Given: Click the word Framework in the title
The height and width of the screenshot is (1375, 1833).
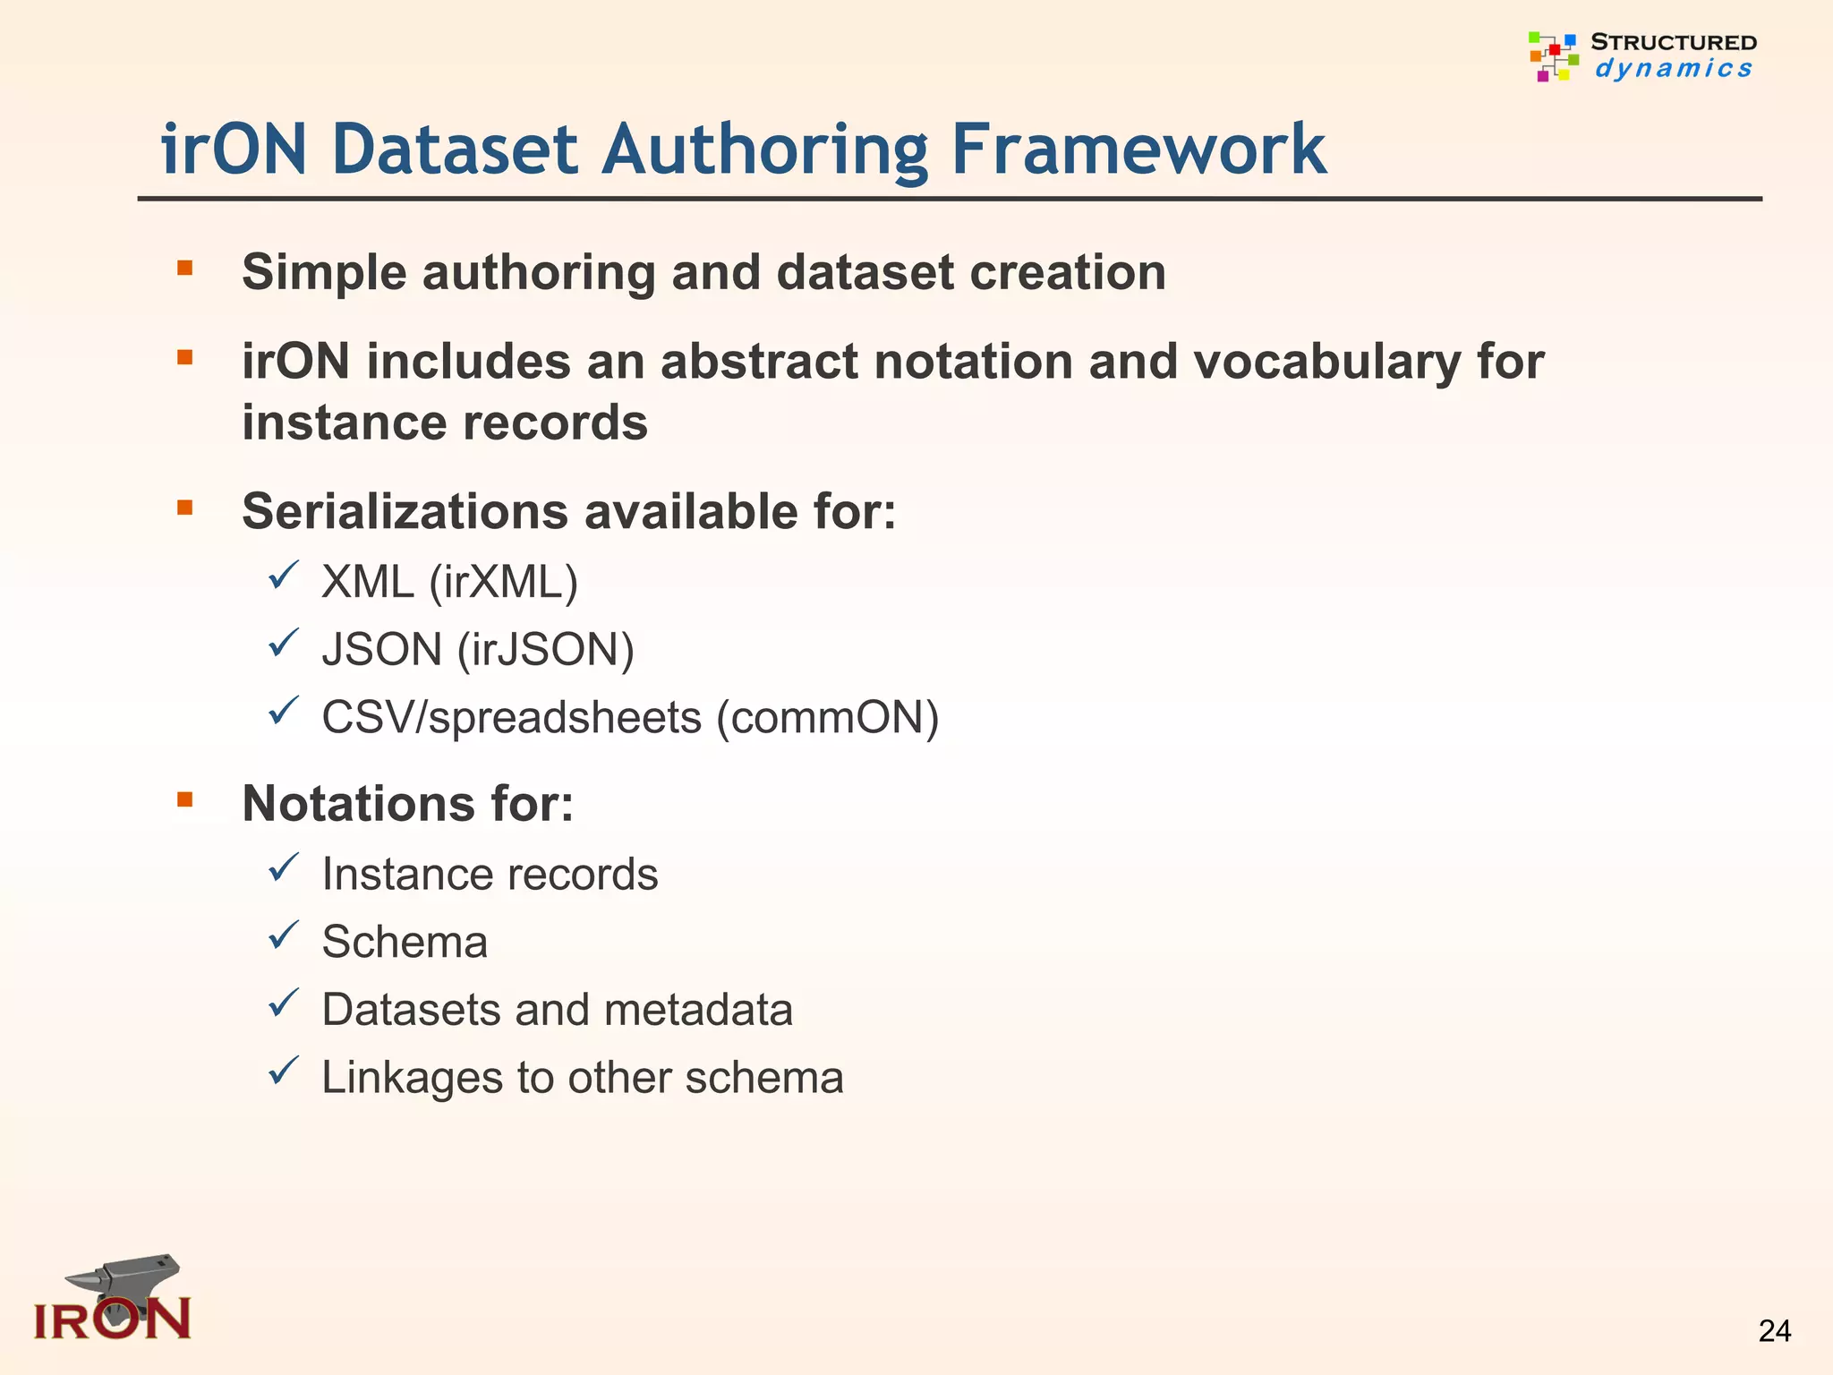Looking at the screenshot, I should [x=1138, y=149].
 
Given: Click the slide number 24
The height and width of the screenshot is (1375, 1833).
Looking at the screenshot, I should [x=1774, y=1331].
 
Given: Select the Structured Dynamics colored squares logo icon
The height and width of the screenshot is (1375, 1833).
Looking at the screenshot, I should [x=1553, y=56].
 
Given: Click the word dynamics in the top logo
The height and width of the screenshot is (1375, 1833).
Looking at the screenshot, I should [x=1673, y=69].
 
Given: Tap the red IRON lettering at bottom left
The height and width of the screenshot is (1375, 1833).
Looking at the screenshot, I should [x=112, y=1319].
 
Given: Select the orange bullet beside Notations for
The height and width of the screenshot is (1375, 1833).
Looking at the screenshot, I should [x=185, y=799].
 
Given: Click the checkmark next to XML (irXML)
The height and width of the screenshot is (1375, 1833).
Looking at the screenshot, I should [x=283, y=576].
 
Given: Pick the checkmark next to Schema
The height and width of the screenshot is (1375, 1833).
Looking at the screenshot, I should [x=283, y=935].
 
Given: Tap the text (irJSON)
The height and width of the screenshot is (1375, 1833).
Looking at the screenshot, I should [x=545, y=650].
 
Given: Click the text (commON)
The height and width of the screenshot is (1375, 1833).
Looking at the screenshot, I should [x=827, y=718].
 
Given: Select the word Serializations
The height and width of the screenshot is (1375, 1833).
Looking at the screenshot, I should [x=405, y=512].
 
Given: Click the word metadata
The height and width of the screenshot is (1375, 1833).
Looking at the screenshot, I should [x=698, y=1010].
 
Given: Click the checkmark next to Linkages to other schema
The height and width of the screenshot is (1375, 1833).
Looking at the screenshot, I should [x=283, y=1071].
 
